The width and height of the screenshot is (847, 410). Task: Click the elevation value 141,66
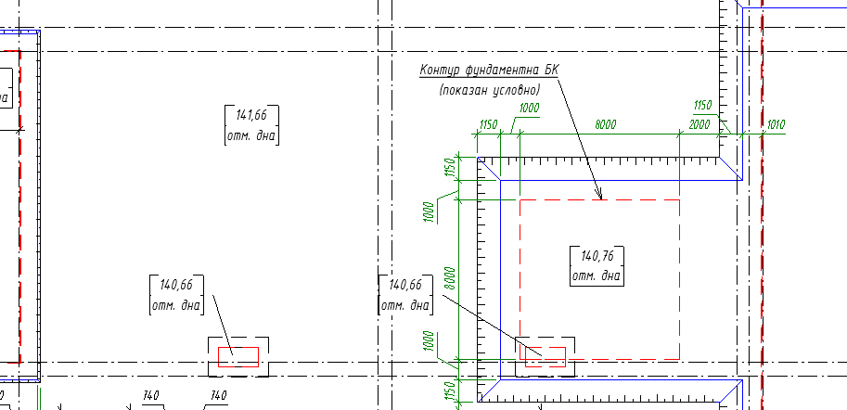(x=251, y=116)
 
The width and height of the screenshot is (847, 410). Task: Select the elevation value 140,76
(x=597, y=256)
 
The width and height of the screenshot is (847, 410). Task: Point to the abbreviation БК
(x=552, y=70)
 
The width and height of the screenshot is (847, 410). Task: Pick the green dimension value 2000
(x=700, y=124)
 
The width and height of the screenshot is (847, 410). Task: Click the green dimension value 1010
(x=776, y=124)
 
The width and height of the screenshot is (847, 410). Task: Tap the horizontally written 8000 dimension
(x=605, y=124)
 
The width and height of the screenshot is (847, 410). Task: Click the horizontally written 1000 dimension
(x=529, y=109)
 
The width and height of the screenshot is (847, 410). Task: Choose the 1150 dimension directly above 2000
(x=702, y=107)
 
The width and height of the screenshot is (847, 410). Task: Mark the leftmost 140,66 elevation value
(x=176, y=285)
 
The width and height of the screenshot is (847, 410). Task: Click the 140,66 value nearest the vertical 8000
(x=405, y=285)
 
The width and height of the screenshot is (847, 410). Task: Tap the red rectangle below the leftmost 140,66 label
(x=238, y=355)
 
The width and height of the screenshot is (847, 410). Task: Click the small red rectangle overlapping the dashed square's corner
(x=545, y=356)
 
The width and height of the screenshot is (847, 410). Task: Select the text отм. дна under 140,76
(x=597, y=275)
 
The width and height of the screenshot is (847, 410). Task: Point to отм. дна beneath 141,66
(x=251, y=135)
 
